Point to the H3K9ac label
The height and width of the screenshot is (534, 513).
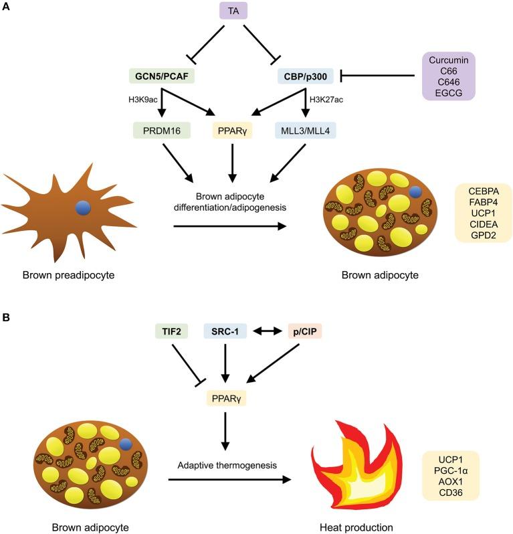143,100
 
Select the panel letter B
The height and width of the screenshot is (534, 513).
6,312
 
